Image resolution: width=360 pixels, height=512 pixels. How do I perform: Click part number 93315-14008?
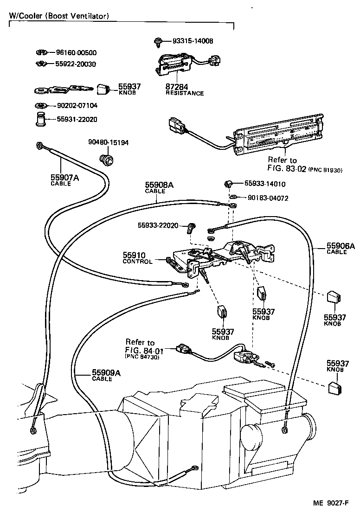tap(193, 41)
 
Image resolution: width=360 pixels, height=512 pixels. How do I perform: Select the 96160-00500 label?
tap(76, 53)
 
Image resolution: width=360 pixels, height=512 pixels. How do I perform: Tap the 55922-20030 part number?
tap(76, 64)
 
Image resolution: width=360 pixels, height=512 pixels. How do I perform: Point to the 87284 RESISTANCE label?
tap(184, 90)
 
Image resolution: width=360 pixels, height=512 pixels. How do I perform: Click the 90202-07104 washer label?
tap(77, 106)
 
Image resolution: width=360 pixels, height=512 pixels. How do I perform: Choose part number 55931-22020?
tap(77, 119)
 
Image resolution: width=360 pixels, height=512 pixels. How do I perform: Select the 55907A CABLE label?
tap(61, 179)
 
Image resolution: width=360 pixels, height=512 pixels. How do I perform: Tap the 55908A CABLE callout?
tap(159, 187)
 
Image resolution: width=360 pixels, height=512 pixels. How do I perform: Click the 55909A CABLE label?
tap(106, 375)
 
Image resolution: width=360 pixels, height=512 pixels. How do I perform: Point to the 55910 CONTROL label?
tap(137, 258)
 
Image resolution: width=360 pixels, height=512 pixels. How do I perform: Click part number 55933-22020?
tap(158, 225)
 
